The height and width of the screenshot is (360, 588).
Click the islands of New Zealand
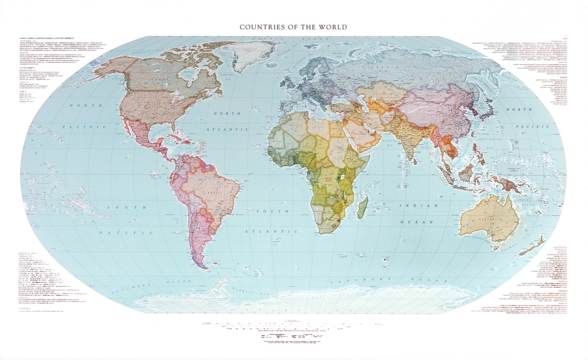[x=550, y=247]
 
